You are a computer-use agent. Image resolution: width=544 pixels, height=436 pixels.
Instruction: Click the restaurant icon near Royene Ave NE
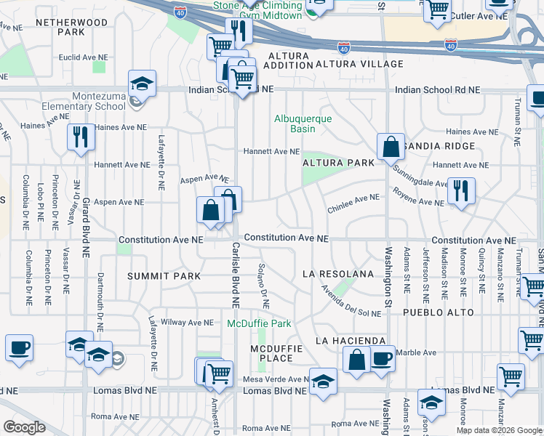(461, 190)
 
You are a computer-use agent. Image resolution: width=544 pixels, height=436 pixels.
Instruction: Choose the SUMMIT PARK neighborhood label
(164, 276)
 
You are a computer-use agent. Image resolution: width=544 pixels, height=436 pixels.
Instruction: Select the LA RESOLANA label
(339, 274)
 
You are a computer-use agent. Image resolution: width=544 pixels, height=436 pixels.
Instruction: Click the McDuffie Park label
(259, 323)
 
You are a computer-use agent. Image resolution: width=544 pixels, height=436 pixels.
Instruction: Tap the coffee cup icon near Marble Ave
(382, 358)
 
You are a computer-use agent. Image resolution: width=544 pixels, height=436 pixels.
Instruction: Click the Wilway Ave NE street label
(187, 322)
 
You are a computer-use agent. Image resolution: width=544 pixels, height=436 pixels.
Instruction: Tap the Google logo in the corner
(24, 427)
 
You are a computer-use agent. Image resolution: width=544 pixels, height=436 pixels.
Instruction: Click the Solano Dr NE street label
(263, 284)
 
